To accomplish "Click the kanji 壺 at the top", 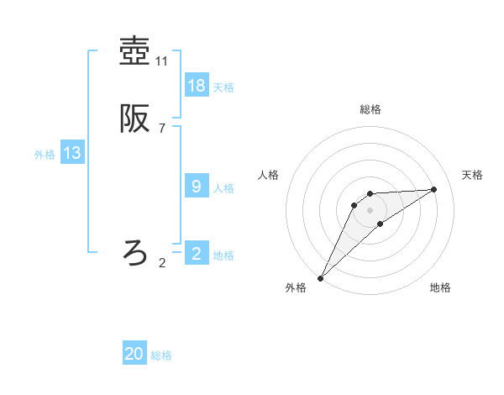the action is [x=134, y=51].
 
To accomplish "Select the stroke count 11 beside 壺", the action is [x=162, y=61].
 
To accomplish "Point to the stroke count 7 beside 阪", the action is [x=162, y=129].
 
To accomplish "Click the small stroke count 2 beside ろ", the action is [x=162, y=262].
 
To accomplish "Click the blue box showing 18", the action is [x=197, y=85].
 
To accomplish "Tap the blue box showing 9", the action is [x=197, y=186].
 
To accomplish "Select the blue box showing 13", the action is [x=72, y=153].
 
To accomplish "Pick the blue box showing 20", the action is [x=134, y=354].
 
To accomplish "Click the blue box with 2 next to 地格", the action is [x=197, y=253].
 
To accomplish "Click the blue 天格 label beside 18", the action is [x=223, y=87].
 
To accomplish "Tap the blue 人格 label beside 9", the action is [x=223, y=187].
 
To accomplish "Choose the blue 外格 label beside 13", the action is [x=45, y=155].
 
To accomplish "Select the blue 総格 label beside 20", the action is [x=161, y=355].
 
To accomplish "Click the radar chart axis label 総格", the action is [x=370, y=109].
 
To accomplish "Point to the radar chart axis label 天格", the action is [x=472, y=175].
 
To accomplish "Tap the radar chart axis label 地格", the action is [x=440, y=287].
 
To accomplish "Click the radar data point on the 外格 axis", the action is [x=320, y=278].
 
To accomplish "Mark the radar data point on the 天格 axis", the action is [x=434, y=189].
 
